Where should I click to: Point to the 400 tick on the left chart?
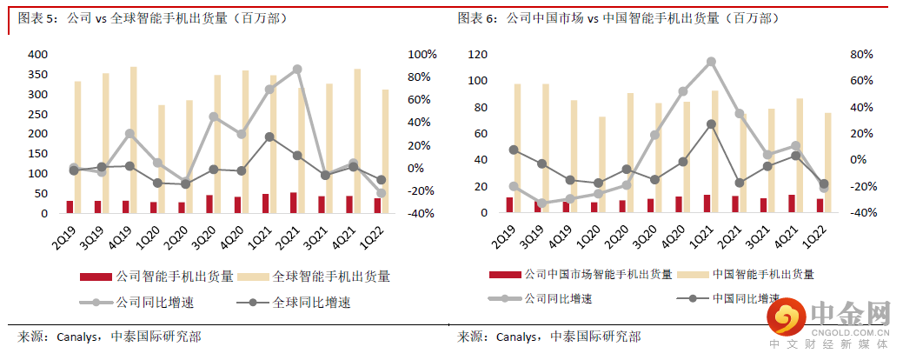[37, 54]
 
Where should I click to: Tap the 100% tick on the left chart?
[422, 54]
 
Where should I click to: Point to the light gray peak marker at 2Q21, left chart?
[297, 69]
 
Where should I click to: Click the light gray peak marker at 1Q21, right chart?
[711, 62]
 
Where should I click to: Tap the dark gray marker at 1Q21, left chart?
[269, 137]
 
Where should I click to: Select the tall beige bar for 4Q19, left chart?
[134, 139]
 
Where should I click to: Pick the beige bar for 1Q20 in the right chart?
[601, 164]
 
